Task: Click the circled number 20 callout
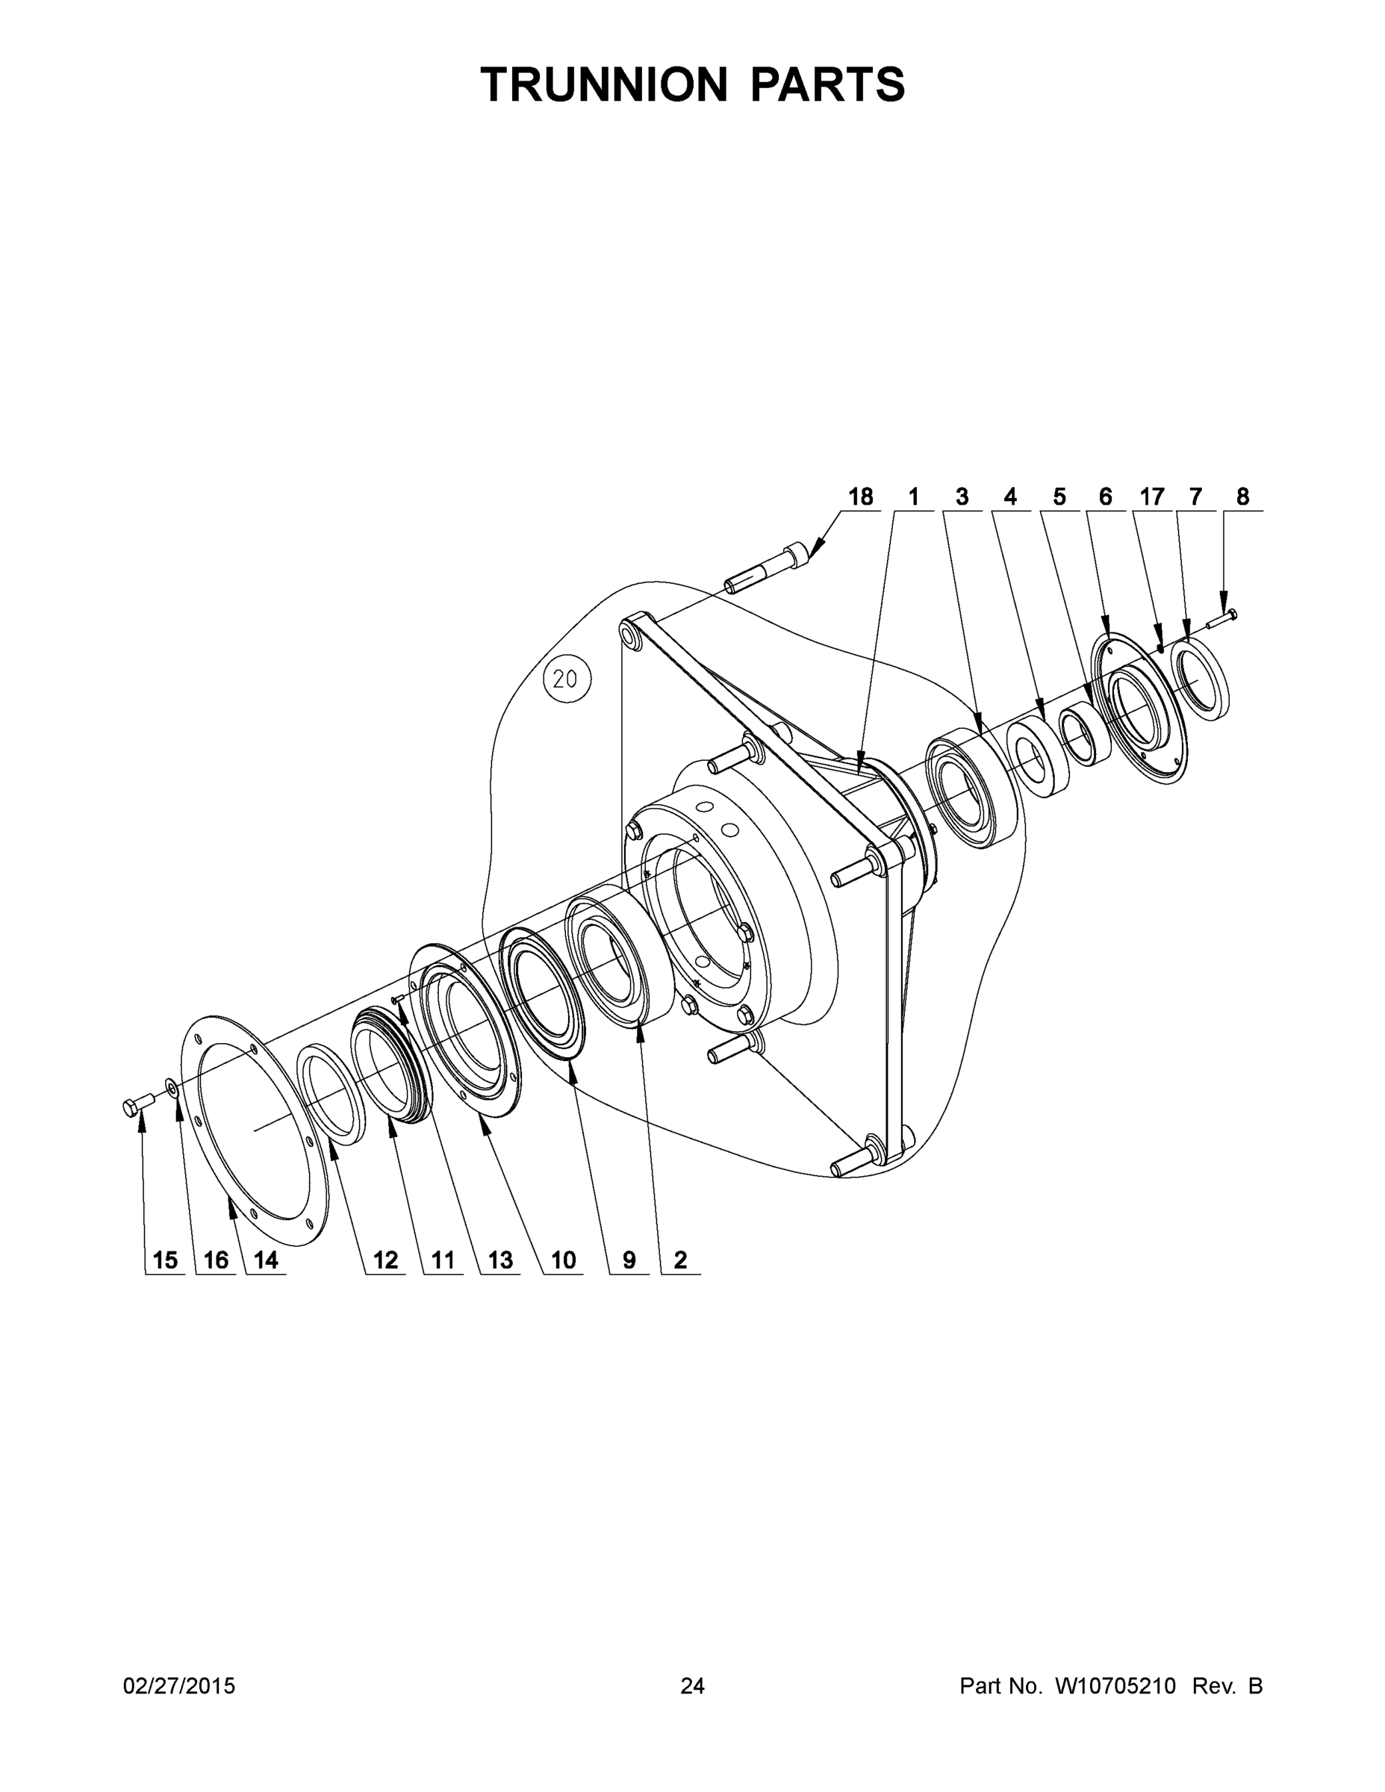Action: point(567,679)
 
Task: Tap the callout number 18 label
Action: point(860,497)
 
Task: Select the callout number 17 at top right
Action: point(1151,497)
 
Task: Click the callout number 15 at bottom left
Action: point(165,1260)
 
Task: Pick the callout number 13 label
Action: point(499,1260)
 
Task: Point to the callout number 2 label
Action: point(680,1260)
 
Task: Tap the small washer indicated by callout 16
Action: point(172,1087)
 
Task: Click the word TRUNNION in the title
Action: point(605,84)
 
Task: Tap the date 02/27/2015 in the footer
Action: point(179,1686)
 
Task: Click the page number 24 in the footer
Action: point(691,1686)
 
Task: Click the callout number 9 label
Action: point(629,1260)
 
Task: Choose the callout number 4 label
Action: point(1010,497)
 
